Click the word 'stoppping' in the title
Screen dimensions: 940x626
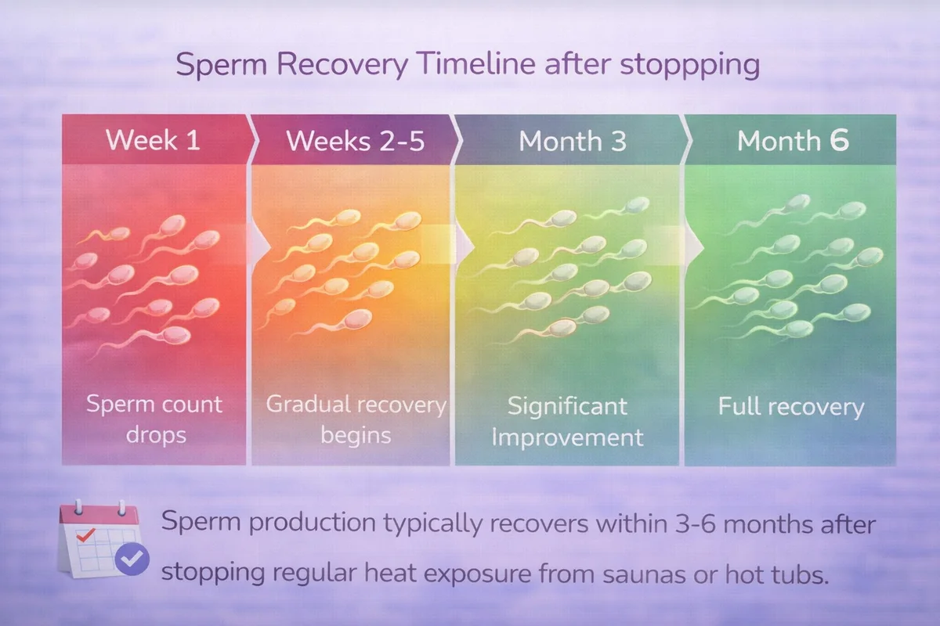pyautogui.click(x=689, y=66)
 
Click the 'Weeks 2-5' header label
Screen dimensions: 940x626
pyautogui.click(x=356, y=141)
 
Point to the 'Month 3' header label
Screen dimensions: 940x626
pyautogui.click(x=573, y=141)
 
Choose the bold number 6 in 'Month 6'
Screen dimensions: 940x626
pyautogui.click(x=839, y=140)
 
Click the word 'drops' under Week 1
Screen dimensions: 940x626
pyautogui.click(x=156, y=435)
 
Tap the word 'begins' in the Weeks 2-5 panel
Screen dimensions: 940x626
pyautogui.click(x=356, y=436)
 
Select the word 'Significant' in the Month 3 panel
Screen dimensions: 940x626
pyautogui.click(x=567, y=407)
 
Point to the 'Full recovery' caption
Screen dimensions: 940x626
pyautogui.click(x=791, y=407)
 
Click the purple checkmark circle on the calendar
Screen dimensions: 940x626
pyautogui.click(x=132, y=559)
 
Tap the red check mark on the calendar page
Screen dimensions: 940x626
pyautogui.click(x=85, y=535)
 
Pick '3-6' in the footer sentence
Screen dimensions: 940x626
pyautogui.click(x=695, y=523)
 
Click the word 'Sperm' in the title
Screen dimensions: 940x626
pyautogui.click(x=221, y=65)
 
